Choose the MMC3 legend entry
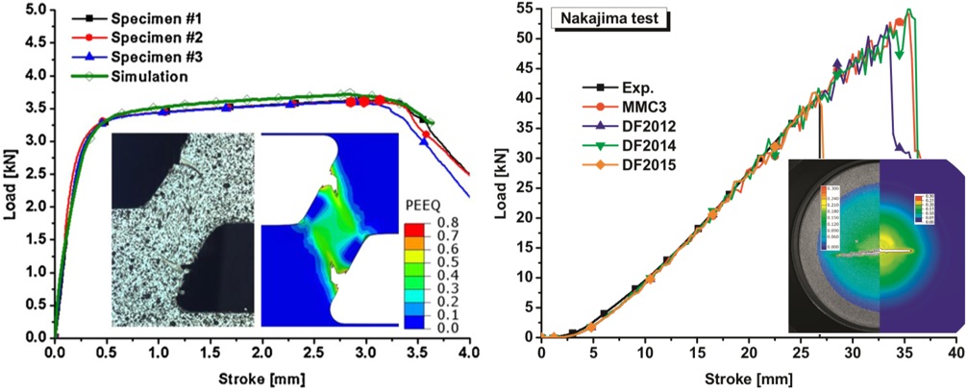click(626, 108)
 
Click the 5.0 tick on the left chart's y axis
click(36, 10)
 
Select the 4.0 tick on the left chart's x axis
click(468, 352)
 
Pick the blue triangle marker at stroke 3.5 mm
click(425, 141)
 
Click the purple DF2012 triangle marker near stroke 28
click(836, 64)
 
